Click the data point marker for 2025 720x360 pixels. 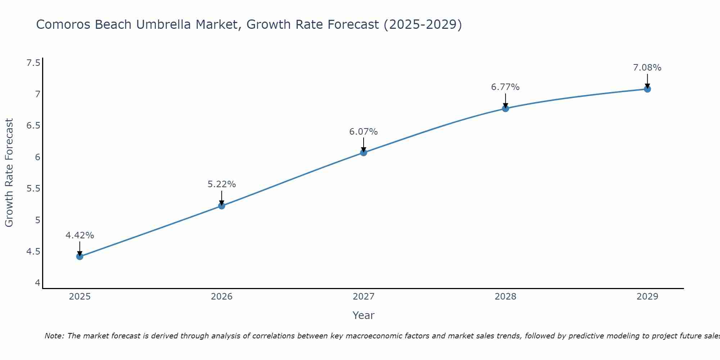(x=80, y=256)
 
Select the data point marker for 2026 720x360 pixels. (x=221, y=206)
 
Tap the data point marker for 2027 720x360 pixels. (x=363, y=152)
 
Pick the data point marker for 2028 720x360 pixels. (x=505, y=108)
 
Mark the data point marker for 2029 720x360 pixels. (x=647, y=89)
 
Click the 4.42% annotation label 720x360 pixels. (x=80, y=235)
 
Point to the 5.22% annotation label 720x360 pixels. (x=221, y=184)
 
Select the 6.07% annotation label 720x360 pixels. (x=363, y=132)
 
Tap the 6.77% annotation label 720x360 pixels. (x=505, y=87)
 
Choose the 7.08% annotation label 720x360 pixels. (x=647, y=68)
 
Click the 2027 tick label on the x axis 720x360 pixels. (x=363, y=297)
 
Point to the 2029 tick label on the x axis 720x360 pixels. (x=647, y=297)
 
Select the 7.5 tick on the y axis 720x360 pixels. (x=33, y=63)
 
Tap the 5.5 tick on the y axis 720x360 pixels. (x=33, y=189)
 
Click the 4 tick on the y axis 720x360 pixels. (x=37, y=283)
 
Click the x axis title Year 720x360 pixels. (x=363, y=315)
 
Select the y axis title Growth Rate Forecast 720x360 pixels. (x=9, y=173)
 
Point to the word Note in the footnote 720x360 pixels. (x=54, y=336)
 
